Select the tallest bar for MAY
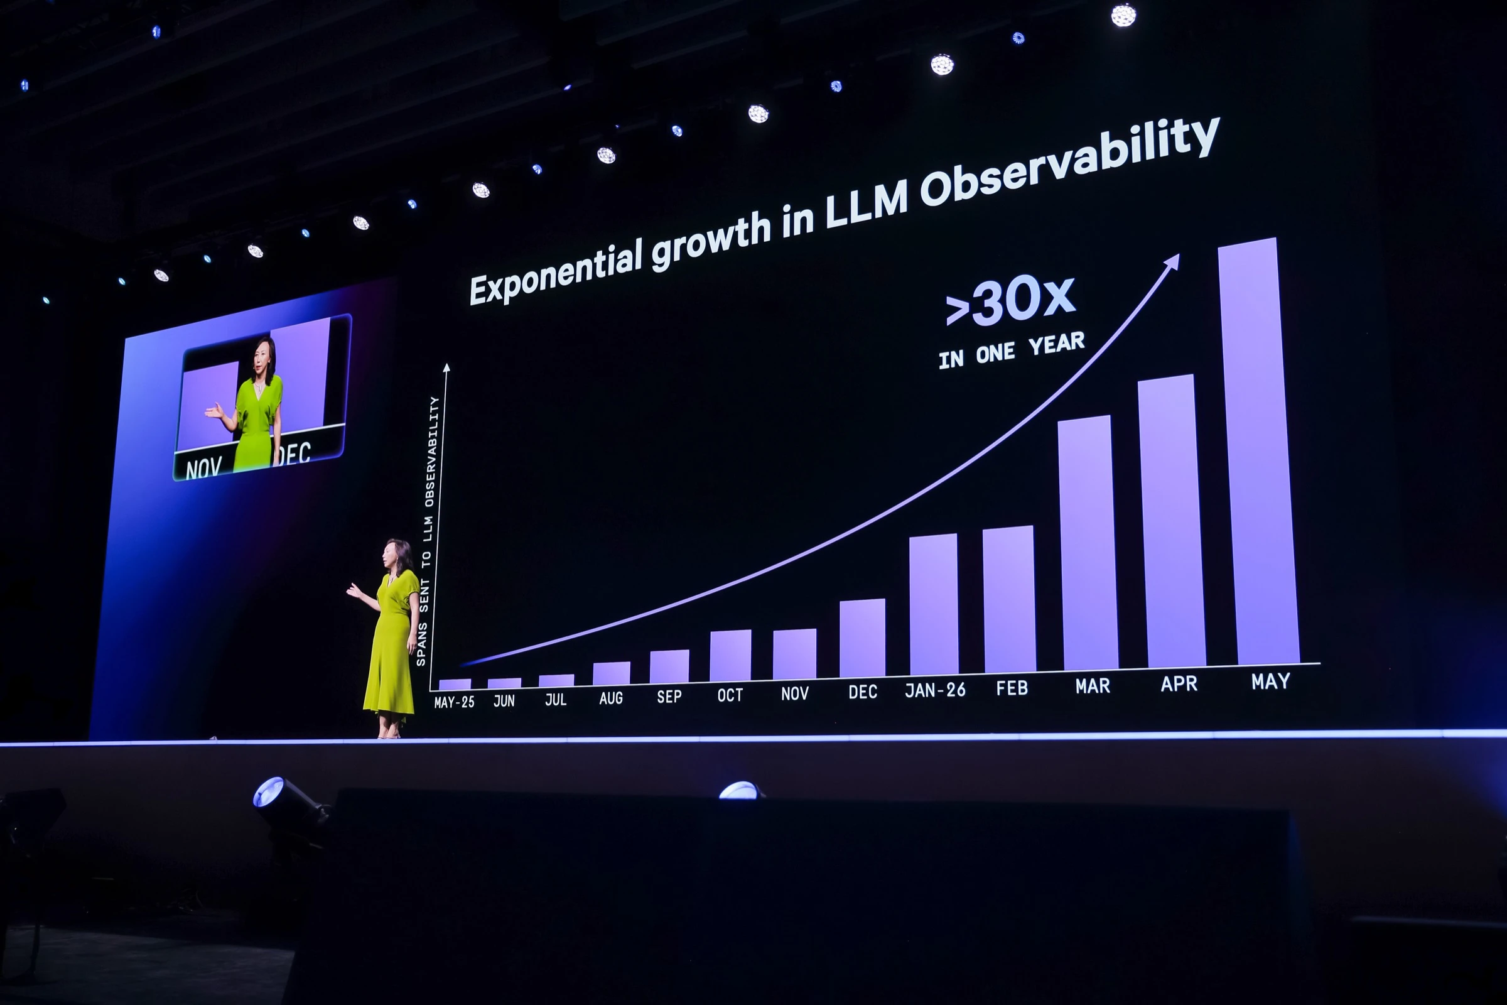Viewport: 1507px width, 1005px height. (x=1258, y=451)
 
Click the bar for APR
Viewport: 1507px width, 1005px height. (x=1171, y=521)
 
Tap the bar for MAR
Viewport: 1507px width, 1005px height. (x=1088, y=543)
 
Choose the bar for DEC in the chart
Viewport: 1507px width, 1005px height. (x=862, y=638)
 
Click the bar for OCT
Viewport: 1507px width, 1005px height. (x=730, y=655)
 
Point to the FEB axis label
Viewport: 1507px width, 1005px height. (x=1012, y=688)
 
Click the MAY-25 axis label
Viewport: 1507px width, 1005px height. (x=454, y=702)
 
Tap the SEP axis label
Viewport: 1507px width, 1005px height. (x=669, y=697)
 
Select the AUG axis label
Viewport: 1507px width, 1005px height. (x=610, y=698)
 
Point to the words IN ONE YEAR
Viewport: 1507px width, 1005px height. (x=1012, y=350)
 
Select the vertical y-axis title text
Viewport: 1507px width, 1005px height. (x=428, y=531)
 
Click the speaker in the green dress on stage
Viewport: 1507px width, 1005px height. (x=388, y=638)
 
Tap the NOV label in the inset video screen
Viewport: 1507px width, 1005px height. (x=203, y=469)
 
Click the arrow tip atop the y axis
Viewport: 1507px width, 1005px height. (x=446, y=367)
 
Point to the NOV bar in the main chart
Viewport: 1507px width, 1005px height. (x=794, y=654)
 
